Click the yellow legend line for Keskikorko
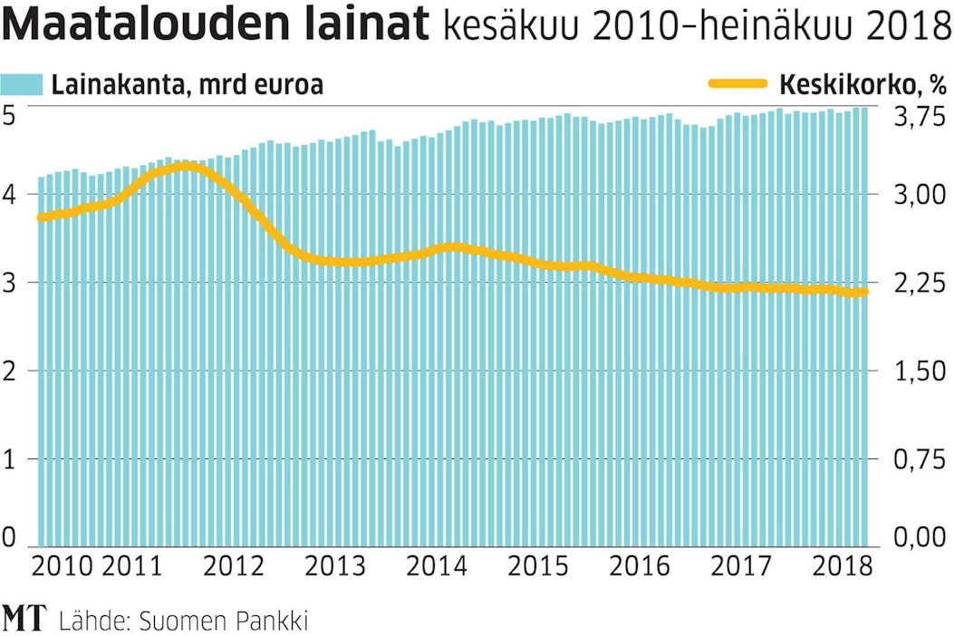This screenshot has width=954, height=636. (737, 85)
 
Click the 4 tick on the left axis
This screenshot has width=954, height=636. (12, 194)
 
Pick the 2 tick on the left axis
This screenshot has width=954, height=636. (12, 371)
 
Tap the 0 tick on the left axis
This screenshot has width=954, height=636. (12, 536)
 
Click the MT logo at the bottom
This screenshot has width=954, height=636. (24, 620)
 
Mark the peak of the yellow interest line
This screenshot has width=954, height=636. (181, 167)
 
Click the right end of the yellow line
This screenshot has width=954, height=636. (864, 292)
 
